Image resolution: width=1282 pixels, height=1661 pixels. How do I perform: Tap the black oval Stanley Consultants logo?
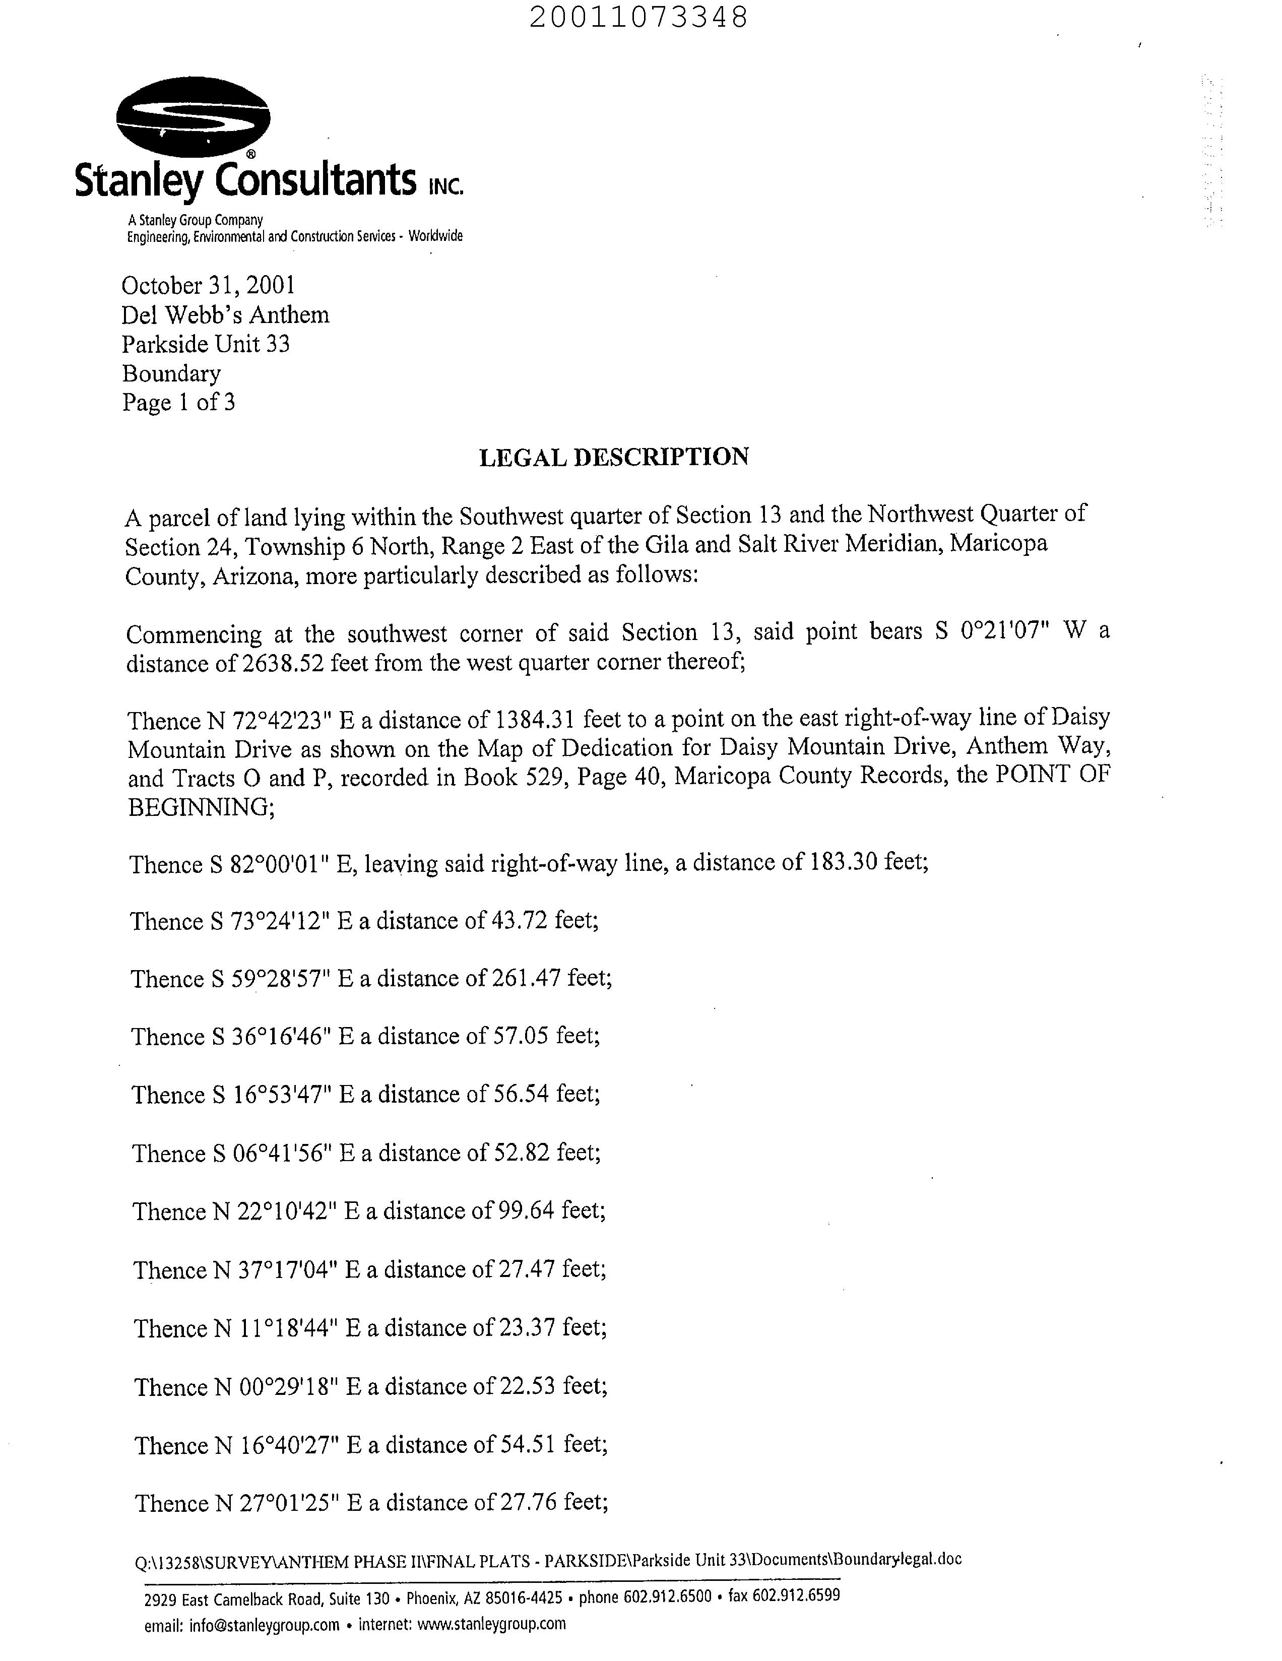[x=193, y=117]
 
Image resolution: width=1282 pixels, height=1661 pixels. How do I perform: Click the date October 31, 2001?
[x=208, y=285]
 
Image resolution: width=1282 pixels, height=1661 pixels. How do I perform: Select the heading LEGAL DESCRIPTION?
[x=614, y=457]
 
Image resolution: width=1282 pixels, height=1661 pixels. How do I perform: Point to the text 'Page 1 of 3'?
[x=179, y=402]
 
